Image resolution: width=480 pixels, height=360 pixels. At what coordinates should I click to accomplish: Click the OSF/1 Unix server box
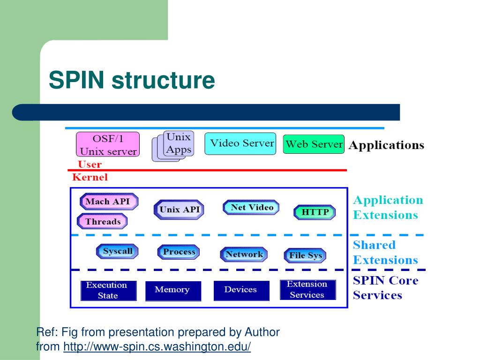click(x=108, y=144)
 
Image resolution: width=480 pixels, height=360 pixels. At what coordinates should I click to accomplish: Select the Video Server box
click(x=240, y=143)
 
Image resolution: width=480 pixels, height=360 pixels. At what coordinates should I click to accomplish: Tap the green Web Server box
click(x=314, y=144)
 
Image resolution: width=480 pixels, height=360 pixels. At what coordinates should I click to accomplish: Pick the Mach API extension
click(x=109, y=202)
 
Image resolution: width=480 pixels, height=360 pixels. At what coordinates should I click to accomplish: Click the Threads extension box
click(x=102, y=221)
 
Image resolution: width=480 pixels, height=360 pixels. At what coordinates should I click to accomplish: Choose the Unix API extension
click(x=179, y=210)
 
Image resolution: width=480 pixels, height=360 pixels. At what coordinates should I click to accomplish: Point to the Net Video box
click(x=251, y=207)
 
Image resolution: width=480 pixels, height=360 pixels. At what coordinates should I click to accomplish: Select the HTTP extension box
click(x=315, y=212)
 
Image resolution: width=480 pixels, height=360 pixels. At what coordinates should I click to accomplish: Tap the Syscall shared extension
click(x=117, y=251)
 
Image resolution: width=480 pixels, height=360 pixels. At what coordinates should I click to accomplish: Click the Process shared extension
click(x=179, y=252)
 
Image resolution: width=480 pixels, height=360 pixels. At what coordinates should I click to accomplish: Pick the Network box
click(x=244, y=255)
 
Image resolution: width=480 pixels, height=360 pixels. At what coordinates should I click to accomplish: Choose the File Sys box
click(x=305, y=255)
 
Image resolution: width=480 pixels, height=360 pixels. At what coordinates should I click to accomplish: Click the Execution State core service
click(x=109, y=291)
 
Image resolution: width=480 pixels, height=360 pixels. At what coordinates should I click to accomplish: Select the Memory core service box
click(x=173, y=291)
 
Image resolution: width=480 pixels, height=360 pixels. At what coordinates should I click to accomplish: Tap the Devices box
click(x=241, y=291)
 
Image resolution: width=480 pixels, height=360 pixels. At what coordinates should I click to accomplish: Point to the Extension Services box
click(x=308, y=290)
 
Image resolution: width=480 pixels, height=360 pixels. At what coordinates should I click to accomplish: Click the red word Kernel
click(x=90, y=177)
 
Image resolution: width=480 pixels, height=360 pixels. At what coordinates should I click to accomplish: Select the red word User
click(x=90, y=165)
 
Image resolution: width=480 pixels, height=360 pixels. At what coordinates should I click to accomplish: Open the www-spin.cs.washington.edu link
click(x=157, y=346)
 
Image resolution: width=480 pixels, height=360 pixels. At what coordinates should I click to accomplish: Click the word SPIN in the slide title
click(x=76, y=80)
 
